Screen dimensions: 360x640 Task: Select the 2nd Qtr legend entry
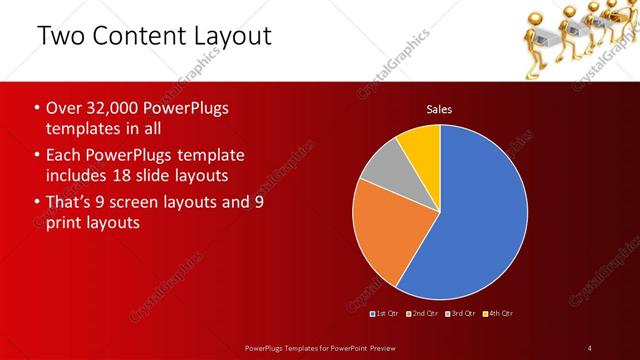tap(424, 314)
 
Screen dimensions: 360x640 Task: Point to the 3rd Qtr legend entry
tap(461, 314)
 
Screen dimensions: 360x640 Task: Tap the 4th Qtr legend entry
tap(497, 314)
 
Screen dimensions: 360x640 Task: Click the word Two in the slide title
tap(60, 37)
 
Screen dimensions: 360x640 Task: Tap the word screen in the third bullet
tap(149, 202)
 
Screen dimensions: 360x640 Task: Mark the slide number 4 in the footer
tap(590, 348)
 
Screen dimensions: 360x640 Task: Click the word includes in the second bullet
tap(77, 176)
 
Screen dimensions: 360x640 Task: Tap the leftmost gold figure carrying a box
tap(531, 38)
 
